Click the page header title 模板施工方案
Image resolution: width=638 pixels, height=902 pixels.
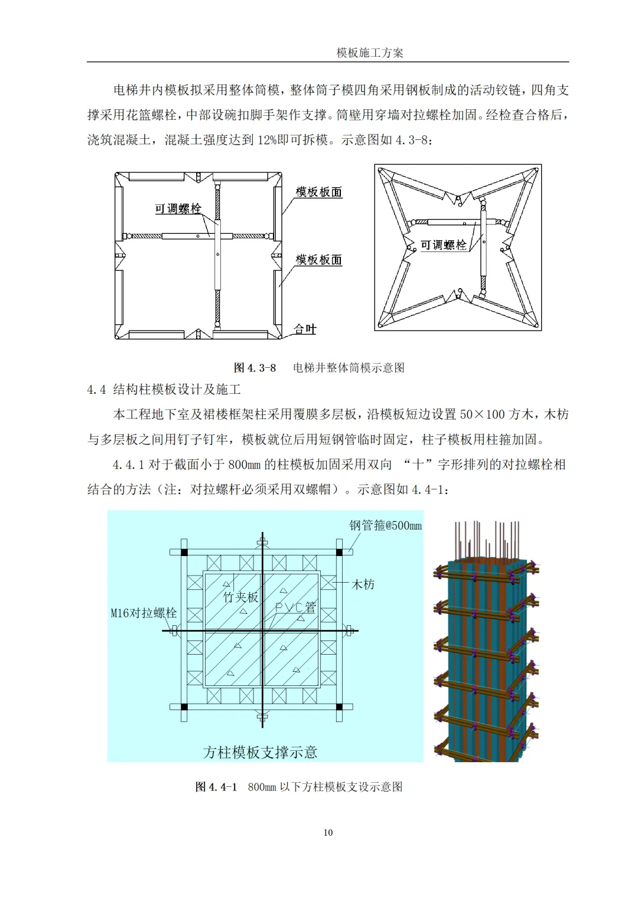[x=370, y=53]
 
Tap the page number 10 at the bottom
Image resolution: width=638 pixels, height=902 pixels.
[x=328, y=832]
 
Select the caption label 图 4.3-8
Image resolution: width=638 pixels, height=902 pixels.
[x=255, y=368]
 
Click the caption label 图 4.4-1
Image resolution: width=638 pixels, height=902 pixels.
[x=216, y=787]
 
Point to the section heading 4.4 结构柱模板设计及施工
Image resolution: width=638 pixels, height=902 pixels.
[x=164, y=390]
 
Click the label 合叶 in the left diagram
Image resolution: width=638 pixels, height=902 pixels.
[x=305, y=329]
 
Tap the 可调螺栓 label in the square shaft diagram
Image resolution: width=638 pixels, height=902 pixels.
[x=178, y=208]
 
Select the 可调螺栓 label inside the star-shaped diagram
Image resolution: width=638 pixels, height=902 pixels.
[x=443, y=244]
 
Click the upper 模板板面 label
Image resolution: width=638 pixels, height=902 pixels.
[x=318, y=192]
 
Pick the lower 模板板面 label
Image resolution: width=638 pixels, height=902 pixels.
[x=318, y=260]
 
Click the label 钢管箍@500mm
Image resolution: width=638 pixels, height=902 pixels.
[x=385, y=525]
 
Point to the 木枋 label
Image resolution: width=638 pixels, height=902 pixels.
[x=363, y=584]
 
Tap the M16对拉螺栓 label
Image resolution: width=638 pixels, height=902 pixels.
[x=144, y=613]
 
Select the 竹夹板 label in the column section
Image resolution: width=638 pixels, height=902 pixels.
[x=240, y=597]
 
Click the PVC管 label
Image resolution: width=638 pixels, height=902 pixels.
[x=295, y=607]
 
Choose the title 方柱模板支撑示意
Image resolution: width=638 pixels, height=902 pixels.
[x=260, y=752]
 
